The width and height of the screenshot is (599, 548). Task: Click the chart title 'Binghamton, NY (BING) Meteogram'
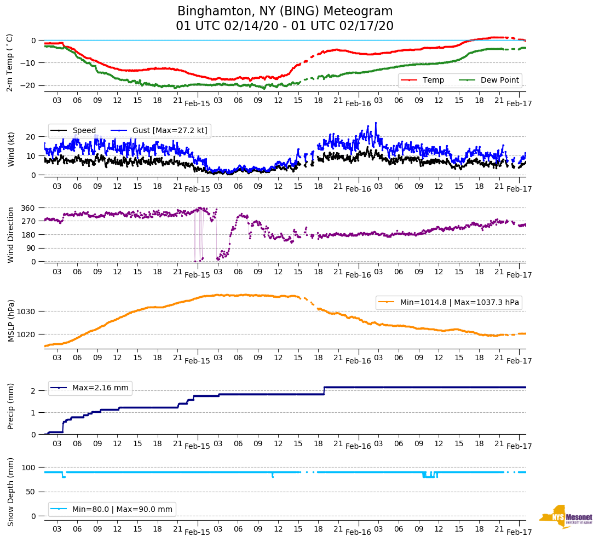coord(285,11)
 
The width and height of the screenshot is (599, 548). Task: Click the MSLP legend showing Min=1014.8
coord(448,302)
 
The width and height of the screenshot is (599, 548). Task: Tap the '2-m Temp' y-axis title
coord(10,62)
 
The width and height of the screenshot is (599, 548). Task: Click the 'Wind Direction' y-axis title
coord(10,235)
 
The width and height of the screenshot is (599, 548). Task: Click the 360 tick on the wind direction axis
coord(29,208)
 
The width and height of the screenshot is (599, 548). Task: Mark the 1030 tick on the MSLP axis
coord(27,312)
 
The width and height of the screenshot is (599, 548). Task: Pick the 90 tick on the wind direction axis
coord(31,249)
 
